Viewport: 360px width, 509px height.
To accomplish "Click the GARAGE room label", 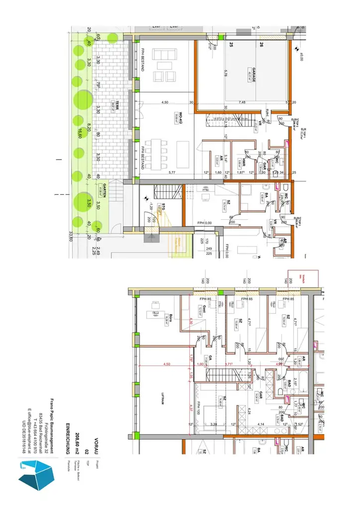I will [254, 74].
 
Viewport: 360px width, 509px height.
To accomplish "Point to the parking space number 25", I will [231, 45].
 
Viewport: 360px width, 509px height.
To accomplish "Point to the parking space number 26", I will [261, 45].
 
